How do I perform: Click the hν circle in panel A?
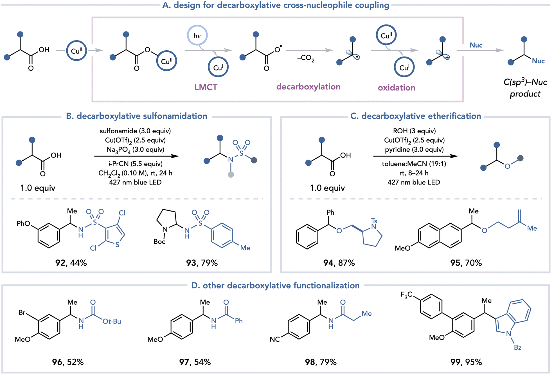[x=197, y=35]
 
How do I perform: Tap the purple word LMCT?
[x=206, y=87]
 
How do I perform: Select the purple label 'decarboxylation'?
[x=308, y=87]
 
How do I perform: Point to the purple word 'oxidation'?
[x=396, y=88]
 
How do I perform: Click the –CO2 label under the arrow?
[x=306, y=58]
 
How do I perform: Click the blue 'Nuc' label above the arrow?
[x=476, y=45]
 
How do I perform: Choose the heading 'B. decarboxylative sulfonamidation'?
[x=137, y=116]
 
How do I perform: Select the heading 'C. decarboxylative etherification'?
[x=416, y=116]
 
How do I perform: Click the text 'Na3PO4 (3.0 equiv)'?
[x=135, y=150]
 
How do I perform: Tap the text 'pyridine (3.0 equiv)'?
[x=414, y=149]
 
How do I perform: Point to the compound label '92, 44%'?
[x=71, y=263]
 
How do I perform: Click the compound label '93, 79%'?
[x=202, y=263]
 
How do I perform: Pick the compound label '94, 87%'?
[x=339, y=263]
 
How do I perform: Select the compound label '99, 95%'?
[x=466, y=362]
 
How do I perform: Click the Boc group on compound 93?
[x=159, y=242]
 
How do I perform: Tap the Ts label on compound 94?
[x=374, y=221]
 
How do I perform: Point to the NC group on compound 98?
[x=275, y=339]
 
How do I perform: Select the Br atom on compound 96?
[x=22, y=313]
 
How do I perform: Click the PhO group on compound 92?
[x=23, y=224]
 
